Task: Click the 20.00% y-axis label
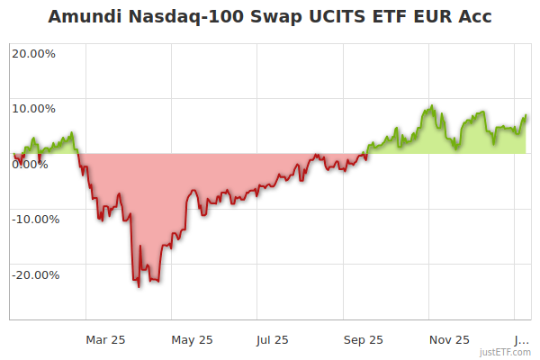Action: pos(33,53)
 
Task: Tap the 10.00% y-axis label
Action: pos(33,109)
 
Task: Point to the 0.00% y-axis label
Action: pos(30,164)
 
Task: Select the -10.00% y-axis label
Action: pos(35,219)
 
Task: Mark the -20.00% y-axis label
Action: pos(35,274)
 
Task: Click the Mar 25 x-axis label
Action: pos(106,339)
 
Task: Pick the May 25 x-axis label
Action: pos(193,339)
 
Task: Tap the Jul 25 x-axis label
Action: pos(272,339)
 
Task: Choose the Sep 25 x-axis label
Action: pos(364,339)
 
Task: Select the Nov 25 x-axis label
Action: pos(450,339)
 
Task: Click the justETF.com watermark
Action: pos(505,352)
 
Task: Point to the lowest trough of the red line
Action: pos(139,286)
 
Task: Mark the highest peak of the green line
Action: pos(432,106)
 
